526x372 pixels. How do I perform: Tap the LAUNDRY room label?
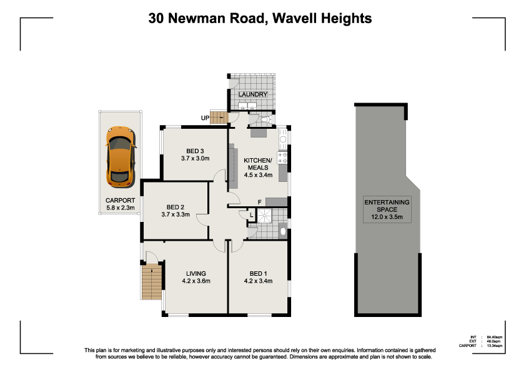pos(252,94)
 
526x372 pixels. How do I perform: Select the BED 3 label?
pos(195,150)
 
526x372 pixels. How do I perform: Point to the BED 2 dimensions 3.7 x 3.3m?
pos(175,214)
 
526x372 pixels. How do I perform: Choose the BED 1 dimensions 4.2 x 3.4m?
pos(258,281)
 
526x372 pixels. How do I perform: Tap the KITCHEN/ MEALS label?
pos(257,163)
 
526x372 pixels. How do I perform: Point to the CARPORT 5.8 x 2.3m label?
pos(120,204)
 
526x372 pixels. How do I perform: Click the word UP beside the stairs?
pos(205,118)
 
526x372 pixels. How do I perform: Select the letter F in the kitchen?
pos(259,202)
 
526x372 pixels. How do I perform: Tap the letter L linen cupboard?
pos(251,216)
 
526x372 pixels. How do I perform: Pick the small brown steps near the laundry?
pos(219,117)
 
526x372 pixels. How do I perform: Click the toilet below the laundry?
pos(265,119)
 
